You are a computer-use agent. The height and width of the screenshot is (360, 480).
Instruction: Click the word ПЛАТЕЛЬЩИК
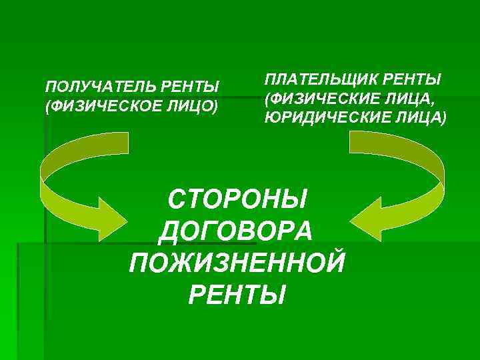tap(313, 81)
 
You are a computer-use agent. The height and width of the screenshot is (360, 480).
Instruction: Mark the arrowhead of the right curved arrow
tap(372, 218)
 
